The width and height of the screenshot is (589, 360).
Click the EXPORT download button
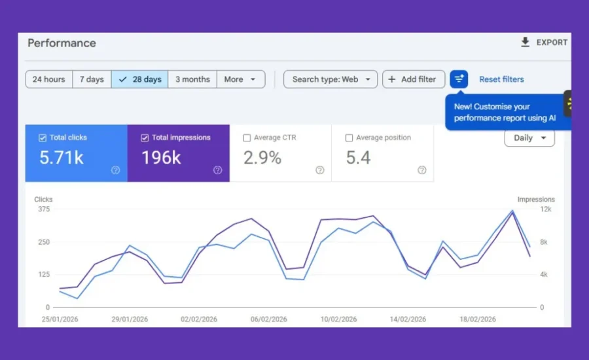click(544, 43)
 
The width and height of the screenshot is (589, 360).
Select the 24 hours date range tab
click(48, 79)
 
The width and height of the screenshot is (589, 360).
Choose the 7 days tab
click(92, 79)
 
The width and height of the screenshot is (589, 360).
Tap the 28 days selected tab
click(139, 79)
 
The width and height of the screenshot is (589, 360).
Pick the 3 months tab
click(192, 79)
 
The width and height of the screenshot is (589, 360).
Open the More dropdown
click(240, 79)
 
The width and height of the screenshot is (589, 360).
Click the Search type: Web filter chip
click(330, 79)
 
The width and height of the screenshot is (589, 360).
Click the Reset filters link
click(501, 79)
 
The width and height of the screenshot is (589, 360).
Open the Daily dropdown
click(529, 138)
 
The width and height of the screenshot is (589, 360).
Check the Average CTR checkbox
click(247, 138)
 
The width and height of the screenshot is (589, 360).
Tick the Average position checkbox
click(349, 138)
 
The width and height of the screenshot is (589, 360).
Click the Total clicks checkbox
click(43, 138)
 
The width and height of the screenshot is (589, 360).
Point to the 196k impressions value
click(162, 158)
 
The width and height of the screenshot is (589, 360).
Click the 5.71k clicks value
click(62, 158)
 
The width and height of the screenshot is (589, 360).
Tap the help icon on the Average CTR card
click(320, 170)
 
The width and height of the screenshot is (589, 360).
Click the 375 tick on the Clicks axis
click(43, 209)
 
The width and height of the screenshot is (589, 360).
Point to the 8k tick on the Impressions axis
click(544, 242)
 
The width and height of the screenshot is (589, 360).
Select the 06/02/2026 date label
click(269, 319)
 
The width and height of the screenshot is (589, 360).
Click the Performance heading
click(62, 43)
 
